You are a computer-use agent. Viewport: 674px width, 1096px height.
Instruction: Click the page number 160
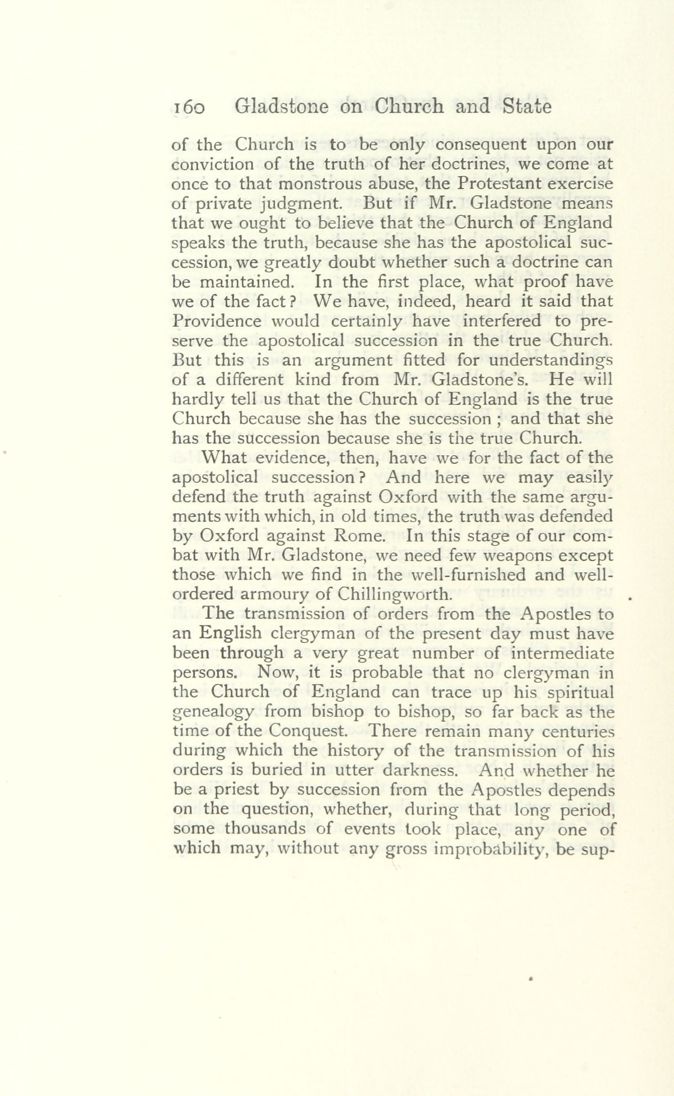[x=188, y=108]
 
